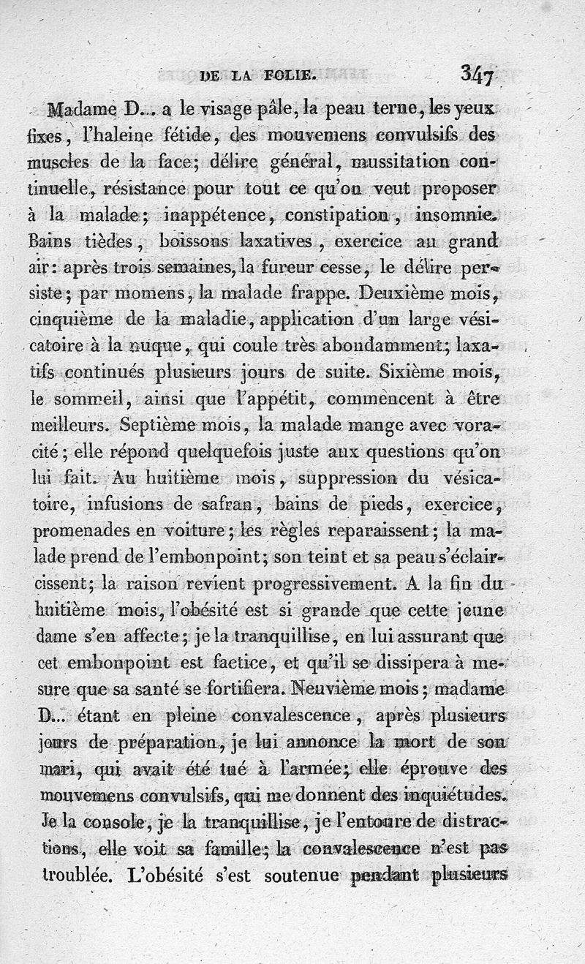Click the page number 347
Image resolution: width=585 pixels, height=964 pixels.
point(478,73)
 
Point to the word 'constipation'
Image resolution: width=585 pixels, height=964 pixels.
point(327,216)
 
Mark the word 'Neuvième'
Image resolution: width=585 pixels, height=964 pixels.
point(339,690)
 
